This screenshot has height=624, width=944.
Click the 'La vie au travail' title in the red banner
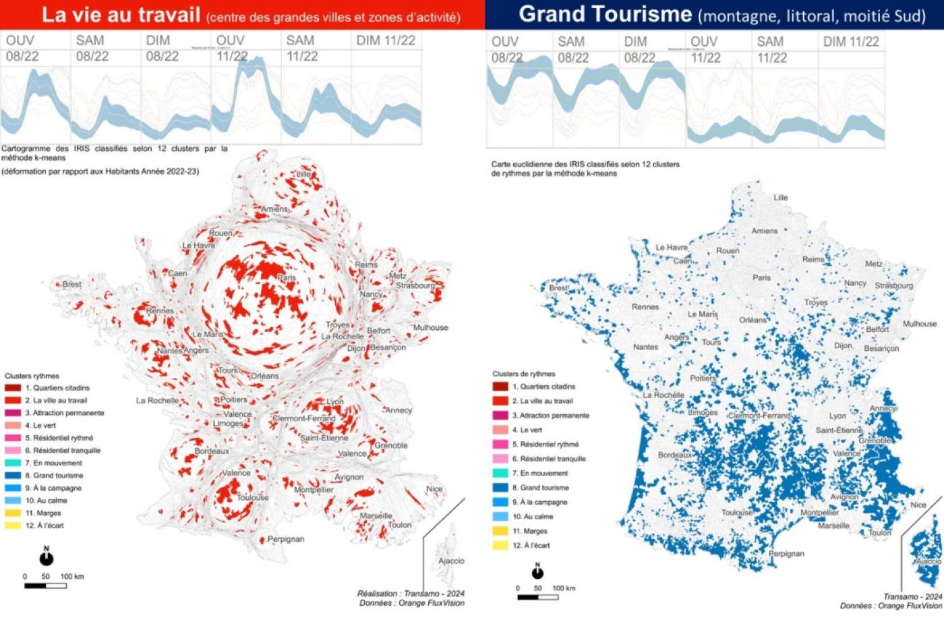(121, 15)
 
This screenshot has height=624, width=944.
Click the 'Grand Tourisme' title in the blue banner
(605, 14)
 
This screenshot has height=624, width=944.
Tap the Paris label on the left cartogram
(287, 278)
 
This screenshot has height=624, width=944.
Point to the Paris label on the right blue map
(761, 277)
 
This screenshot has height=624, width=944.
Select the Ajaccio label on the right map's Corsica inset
(928, 561)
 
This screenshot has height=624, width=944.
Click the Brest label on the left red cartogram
(71, 284)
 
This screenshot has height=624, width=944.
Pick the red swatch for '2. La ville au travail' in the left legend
(13, 401)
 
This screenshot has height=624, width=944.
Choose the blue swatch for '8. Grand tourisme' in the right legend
(500, 488)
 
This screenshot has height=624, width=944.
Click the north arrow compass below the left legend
(46, 557)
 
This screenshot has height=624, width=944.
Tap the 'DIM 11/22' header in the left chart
(386, 41)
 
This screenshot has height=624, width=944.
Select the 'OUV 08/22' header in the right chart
(506, 49)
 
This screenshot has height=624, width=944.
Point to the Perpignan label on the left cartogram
(286, 539)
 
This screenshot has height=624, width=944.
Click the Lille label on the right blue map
(780, 198)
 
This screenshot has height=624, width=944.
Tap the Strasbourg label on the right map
(893, 285)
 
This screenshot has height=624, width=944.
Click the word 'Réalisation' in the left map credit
(377, 594)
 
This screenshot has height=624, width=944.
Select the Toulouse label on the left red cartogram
(253, 497)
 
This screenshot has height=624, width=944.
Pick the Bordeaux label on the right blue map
(675, 455)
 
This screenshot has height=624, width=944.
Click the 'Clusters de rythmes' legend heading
(523, 374)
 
